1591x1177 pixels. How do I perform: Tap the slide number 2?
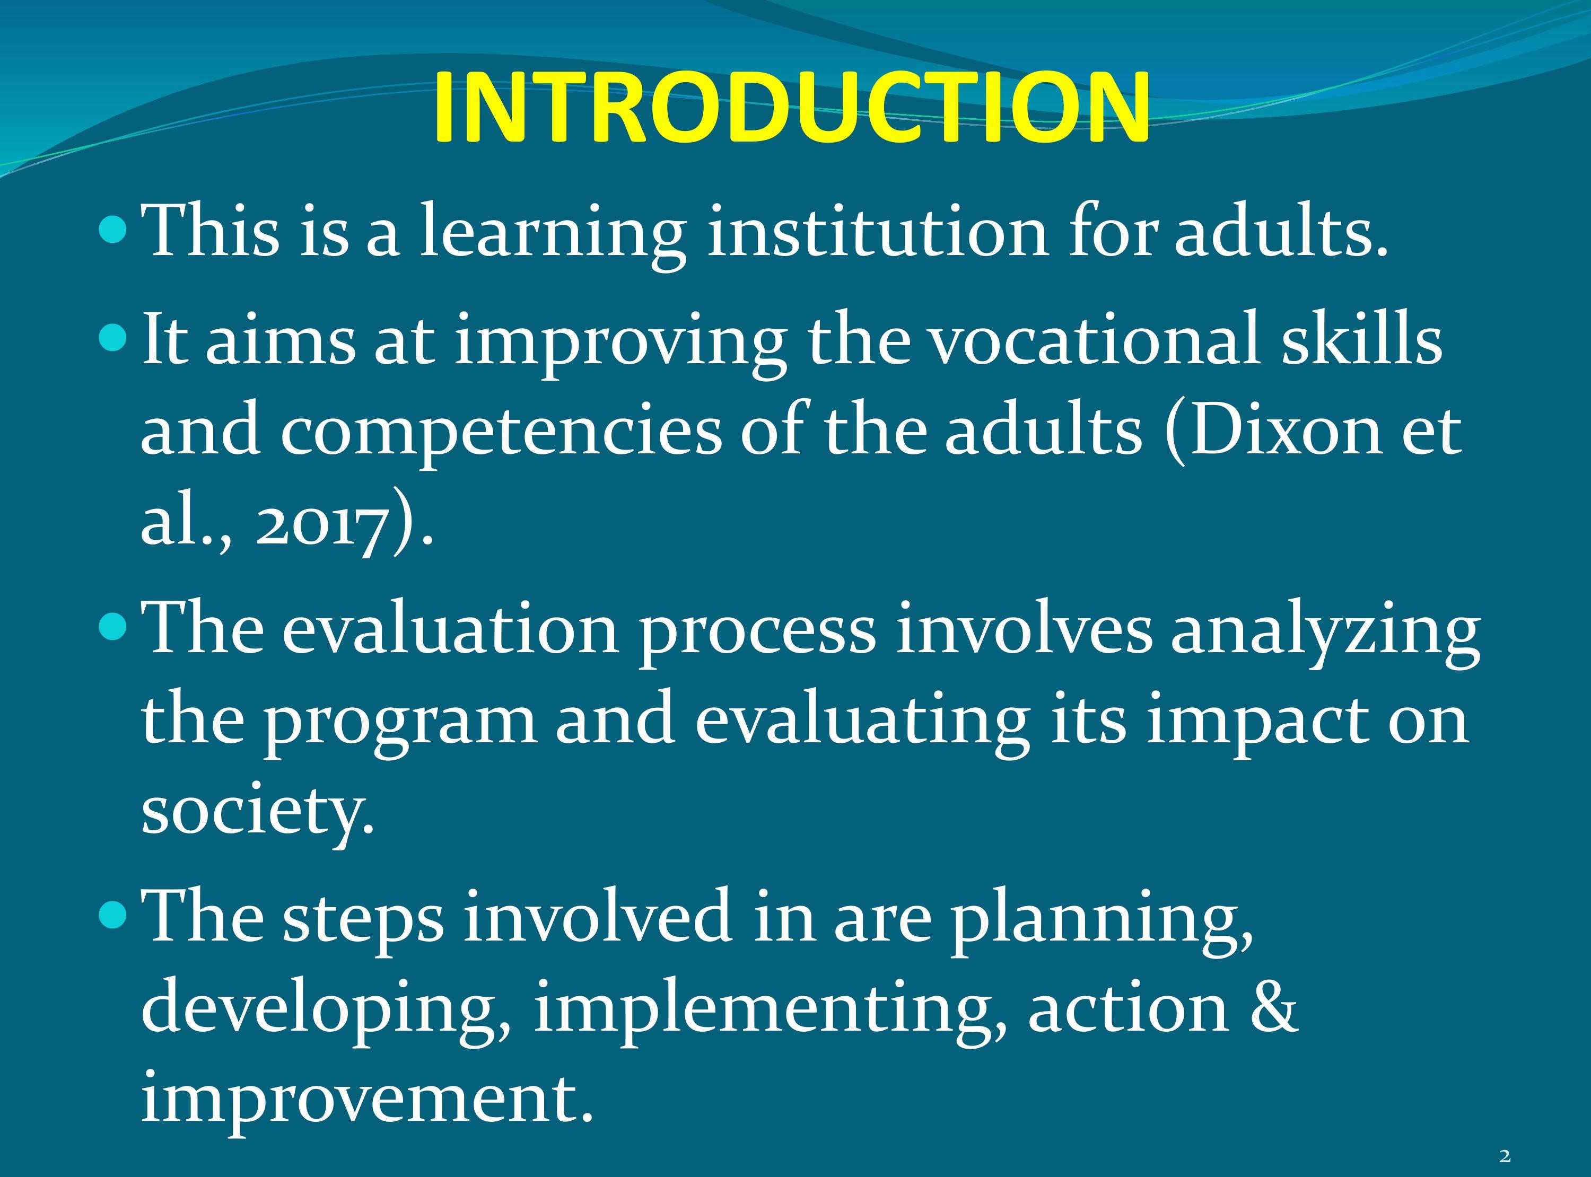(1505, 1156)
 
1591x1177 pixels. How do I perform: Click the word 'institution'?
(878, 232)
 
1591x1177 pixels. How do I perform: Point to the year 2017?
(323, 527)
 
